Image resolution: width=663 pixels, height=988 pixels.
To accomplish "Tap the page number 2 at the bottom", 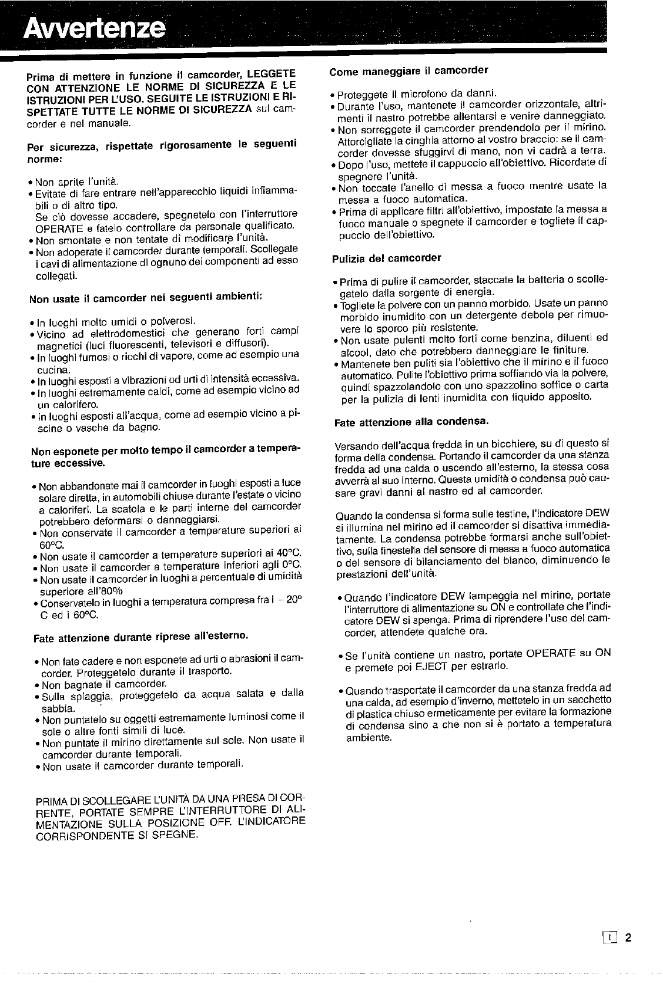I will point(628,937).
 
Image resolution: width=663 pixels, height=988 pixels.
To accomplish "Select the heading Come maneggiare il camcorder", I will point(408,71).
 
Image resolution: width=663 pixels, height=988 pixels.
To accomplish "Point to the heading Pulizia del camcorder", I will point(386,257).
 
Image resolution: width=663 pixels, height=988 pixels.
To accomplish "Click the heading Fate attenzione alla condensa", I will point(411,422).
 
